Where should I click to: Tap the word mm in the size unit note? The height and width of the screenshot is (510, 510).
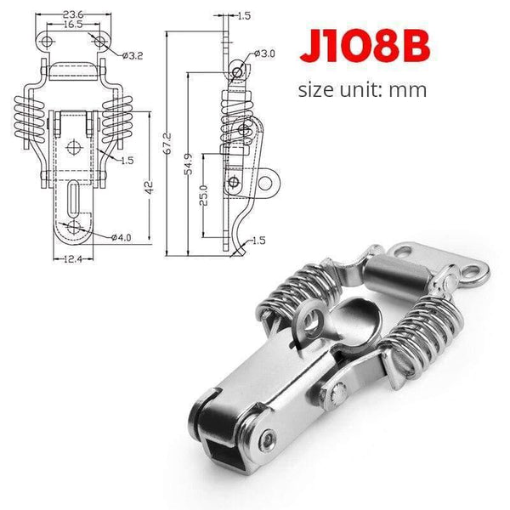[x=408, y=88]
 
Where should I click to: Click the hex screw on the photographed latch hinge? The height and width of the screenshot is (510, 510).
[x=268, y=439]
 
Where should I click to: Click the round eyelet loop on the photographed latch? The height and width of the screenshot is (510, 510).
[x=312, y=320]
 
